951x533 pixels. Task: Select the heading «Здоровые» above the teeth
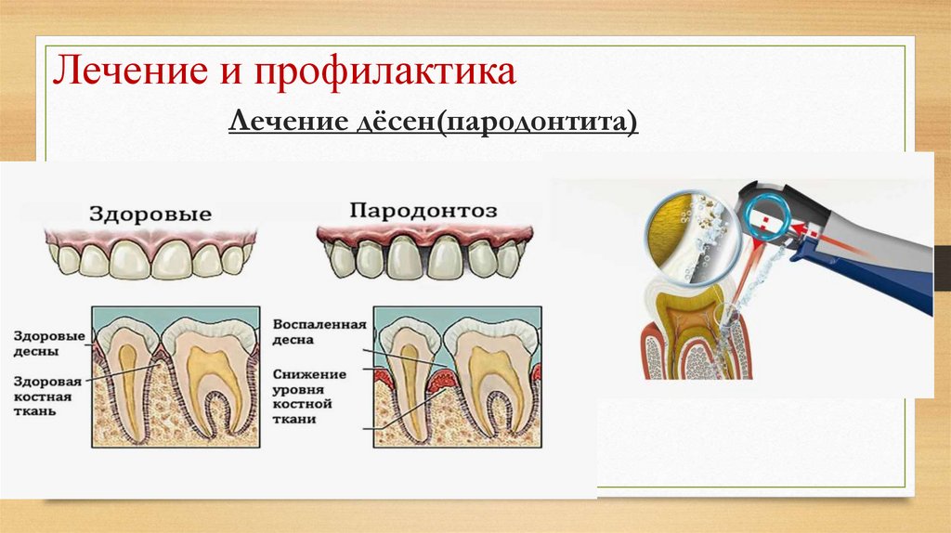tap(150, 213)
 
